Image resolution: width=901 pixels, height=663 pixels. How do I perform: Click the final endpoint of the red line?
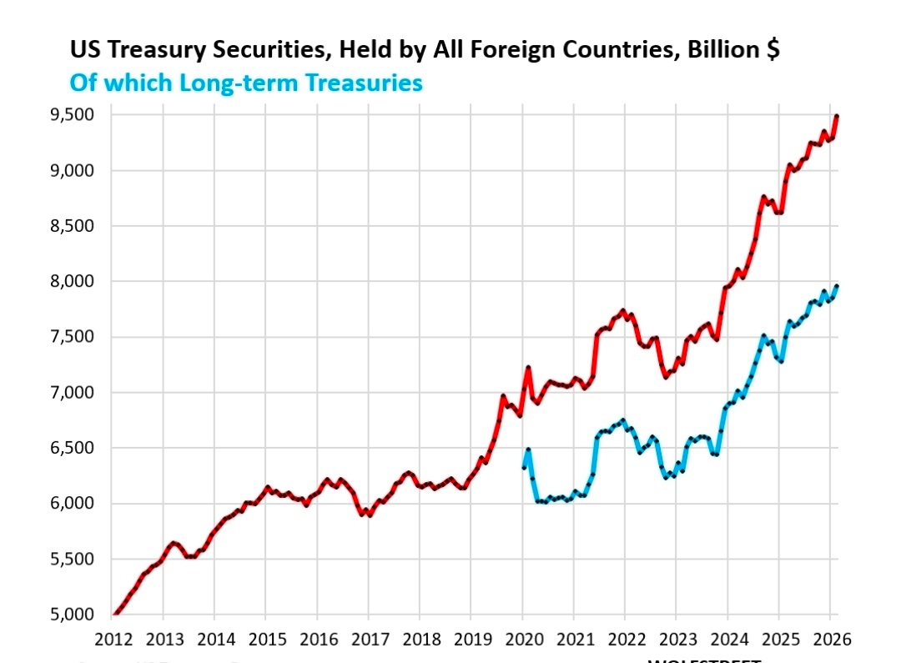(x=837, y=117)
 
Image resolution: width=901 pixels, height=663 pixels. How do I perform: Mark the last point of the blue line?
(x=837, y=286)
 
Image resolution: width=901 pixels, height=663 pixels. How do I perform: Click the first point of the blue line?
(x=523, y=468)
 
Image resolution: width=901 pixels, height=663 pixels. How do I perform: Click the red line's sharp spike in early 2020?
(x=528, y=368)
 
